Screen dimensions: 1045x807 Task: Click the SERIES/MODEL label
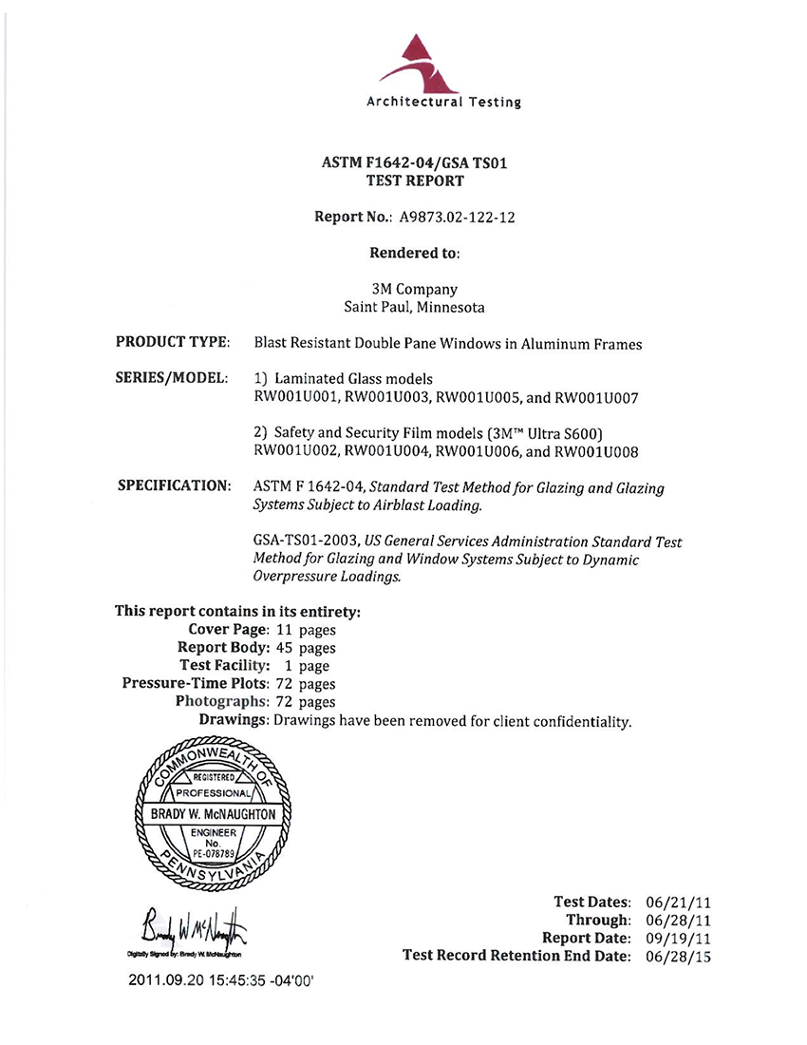tap(171, 378)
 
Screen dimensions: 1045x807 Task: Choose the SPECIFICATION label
tap(174, 485)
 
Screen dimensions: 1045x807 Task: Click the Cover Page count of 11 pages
tap(305, 629)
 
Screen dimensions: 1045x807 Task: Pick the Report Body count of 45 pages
tap(305, 647)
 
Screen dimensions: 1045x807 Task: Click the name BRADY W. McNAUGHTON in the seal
tap(214, 815)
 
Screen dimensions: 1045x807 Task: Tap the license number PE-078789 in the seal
tap(214, 852)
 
